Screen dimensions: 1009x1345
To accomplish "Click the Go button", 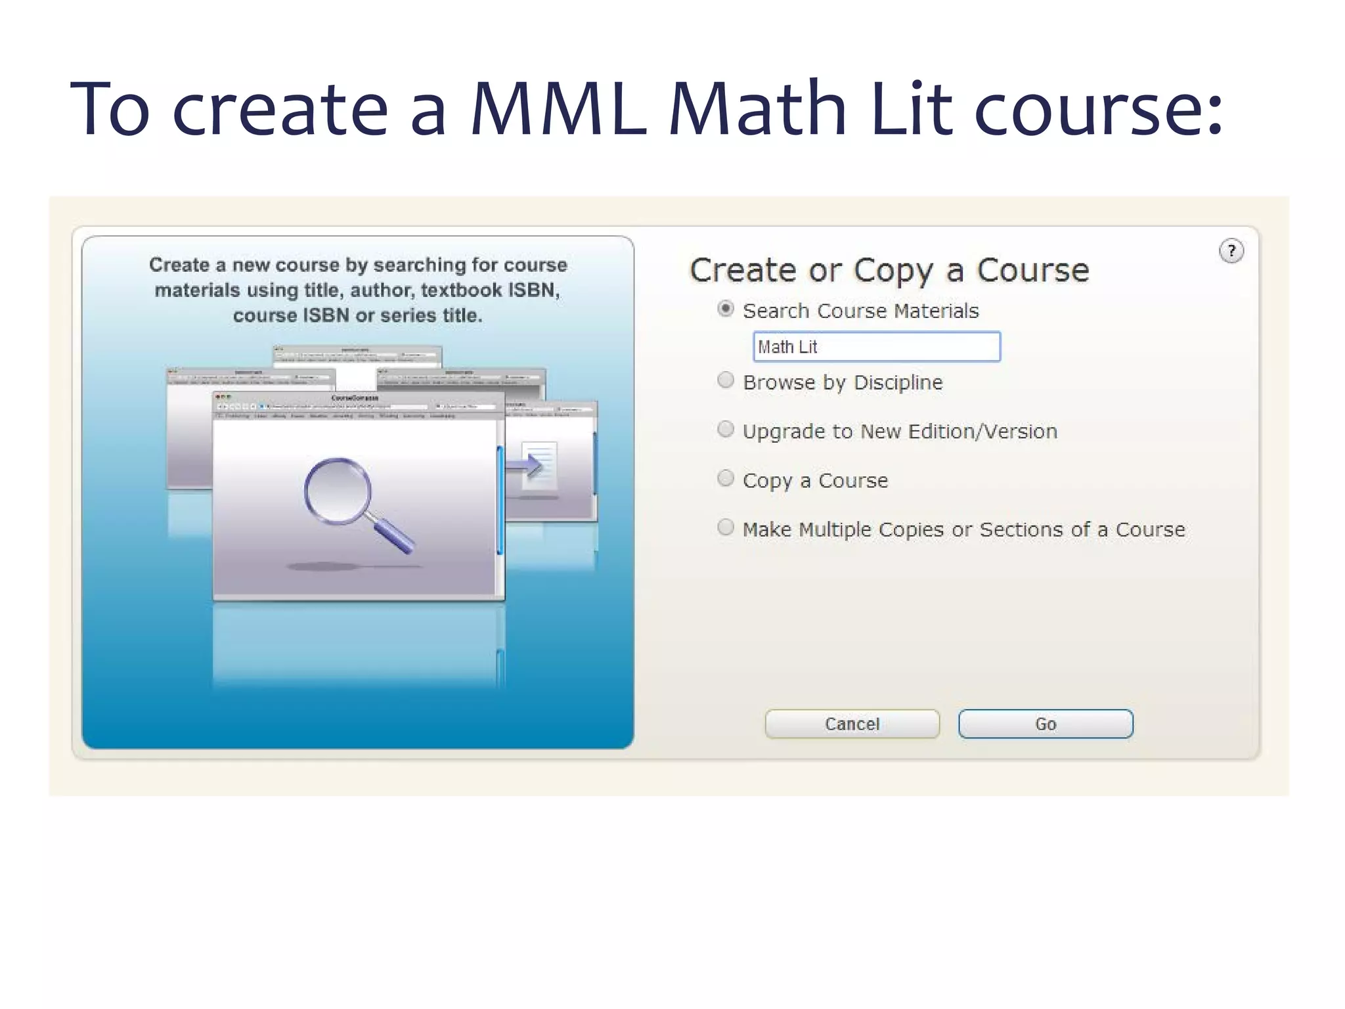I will [x=1046, y=724].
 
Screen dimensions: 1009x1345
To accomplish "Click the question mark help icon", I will [x=1231, y=251].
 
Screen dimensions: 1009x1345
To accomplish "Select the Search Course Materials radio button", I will [x=726, y=309].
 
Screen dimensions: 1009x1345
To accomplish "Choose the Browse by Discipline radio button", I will [x=726, y=380].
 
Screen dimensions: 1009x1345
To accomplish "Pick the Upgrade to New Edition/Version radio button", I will [x=726, y=430].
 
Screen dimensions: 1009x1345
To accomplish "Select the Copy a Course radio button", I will [x=726, y=478].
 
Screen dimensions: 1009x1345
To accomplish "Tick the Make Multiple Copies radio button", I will [x=726, y=527].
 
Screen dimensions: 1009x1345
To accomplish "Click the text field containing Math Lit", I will [x=876, y=347].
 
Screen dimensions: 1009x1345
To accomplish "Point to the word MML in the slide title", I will [x=558, y=108].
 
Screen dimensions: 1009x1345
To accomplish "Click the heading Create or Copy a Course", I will [x=889, y=271].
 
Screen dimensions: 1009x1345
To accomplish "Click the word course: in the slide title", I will [x=1098, y=108].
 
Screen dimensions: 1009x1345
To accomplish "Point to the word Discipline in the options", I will [x=898, y=382].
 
